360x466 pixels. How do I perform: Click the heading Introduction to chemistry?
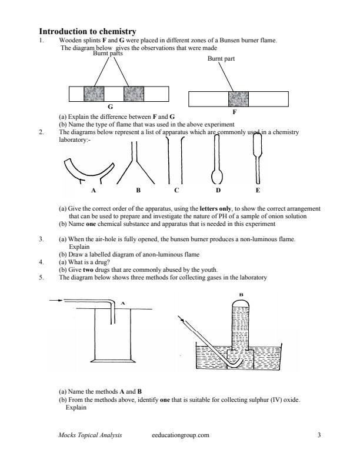pyautogui.click(x=88, y=31)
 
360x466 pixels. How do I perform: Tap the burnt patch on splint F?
pyautogui.click(x=239, y=99)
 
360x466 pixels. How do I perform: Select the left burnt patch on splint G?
pyautogui.click(x=94, y=94)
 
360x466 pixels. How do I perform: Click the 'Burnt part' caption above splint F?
pyautogui.click(x=222, y=59)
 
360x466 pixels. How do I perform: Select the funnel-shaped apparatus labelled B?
pyautogui.click(x=138, y=165)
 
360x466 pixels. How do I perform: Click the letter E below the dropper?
pyautogui.click(x=258, y=191)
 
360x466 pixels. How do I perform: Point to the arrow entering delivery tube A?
pyautogui.click(x=56, y=301)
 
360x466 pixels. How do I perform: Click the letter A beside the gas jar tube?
pyautogui.click(x=122, y=304)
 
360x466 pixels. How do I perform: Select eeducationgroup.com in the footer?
pyautogui.click(x=180, y=435)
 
